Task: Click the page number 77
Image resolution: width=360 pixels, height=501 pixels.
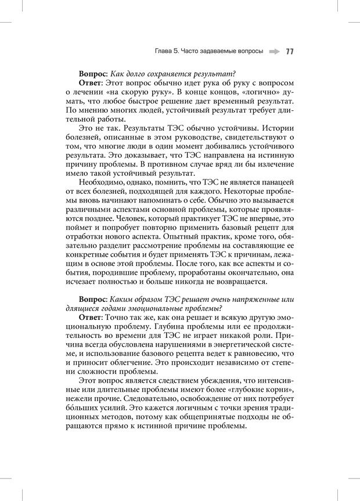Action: click(x=289, y=51)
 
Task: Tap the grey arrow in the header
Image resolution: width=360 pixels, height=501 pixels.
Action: click(x=274, y=51)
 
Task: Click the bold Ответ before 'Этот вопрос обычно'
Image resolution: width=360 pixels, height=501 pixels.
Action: click(x=92, y=83)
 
